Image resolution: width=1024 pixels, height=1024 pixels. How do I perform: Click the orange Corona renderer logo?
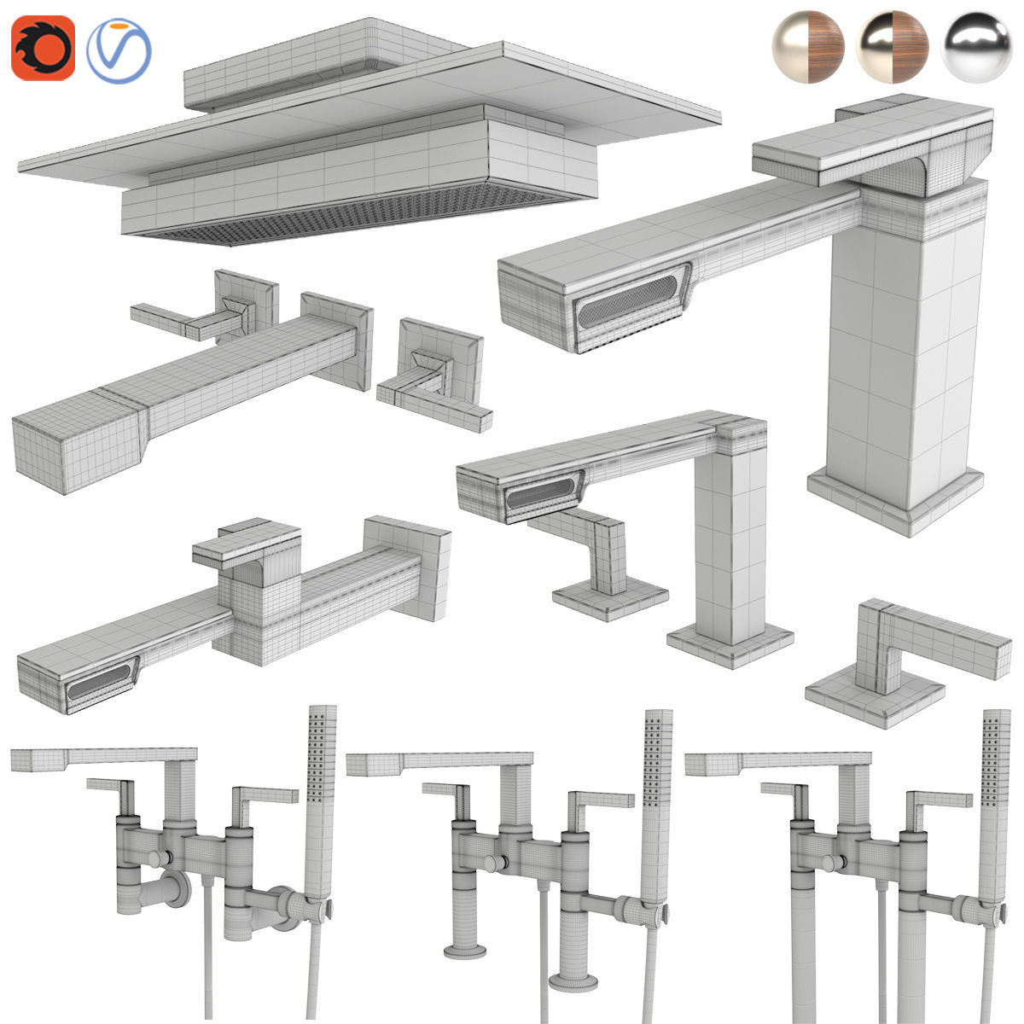point(43,49)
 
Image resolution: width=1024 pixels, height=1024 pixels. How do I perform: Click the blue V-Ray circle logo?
point(119,49)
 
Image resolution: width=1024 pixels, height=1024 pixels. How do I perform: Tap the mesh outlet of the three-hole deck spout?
point(541,495)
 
